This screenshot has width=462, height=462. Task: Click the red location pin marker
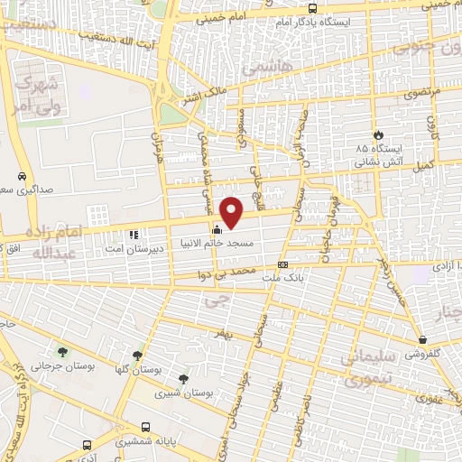232,213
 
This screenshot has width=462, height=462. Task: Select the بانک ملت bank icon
283,264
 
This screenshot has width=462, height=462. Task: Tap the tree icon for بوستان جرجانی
63,353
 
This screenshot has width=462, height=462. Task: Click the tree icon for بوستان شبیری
183,379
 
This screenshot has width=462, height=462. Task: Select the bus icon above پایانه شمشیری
86,445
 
